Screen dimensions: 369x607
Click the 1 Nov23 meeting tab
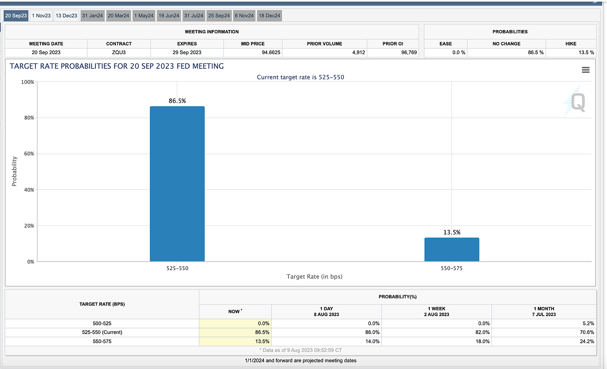click(x=41, y=16)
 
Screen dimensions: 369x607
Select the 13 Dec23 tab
click(x=66, y=16)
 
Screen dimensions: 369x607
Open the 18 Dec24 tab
click(x=269, y=16)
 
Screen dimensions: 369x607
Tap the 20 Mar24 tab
click(x=118, y=16)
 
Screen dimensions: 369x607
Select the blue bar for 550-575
click(x=451, y=249)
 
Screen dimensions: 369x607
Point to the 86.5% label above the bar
click(x=177, y=101)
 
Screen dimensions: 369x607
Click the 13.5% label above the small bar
click(x=451, y=232)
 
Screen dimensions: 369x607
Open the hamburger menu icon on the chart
click(x=585, y=70)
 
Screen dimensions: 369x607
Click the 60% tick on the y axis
click(x=29, y=154)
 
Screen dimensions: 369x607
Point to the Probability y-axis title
click(x=14, y=171)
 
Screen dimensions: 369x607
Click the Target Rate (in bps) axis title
click(x=314, y=277)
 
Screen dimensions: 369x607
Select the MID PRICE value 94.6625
click(x=271, y=52)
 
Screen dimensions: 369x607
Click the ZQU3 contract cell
click(x=119, y=52)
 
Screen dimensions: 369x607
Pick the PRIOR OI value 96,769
click(x=409, y=52)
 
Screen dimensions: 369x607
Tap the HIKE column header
click(x=571, y=44)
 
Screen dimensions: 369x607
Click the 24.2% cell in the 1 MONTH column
click(x=587, y=342)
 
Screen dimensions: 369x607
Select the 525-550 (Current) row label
click(x=102, y=332)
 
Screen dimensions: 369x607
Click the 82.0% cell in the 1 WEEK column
click(x=482, y=332)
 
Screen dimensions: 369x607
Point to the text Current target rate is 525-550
click(x=300, y=77)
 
